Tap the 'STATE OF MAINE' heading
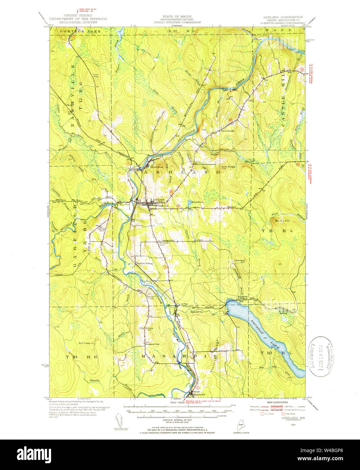pyautogui.click(x=177, y=17)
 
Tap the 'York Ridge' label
pyautogui.click(x=228, y=167)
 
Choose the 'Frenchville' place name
pyautogui.click(x=228, y=131)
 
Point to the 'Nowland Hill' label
pyautogui.click(x=240, y=261)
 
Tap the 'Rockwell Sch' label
pyautogui.click(x=152, y=344)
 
